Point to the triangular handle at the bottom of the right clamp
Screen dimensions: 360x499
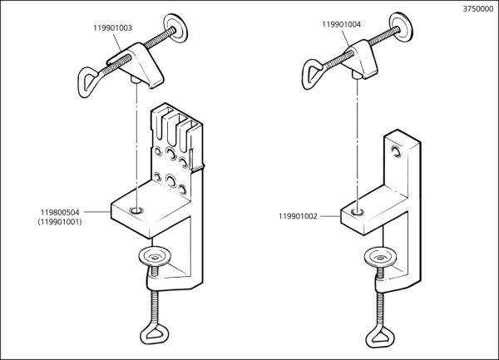[x=381, y=341]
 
